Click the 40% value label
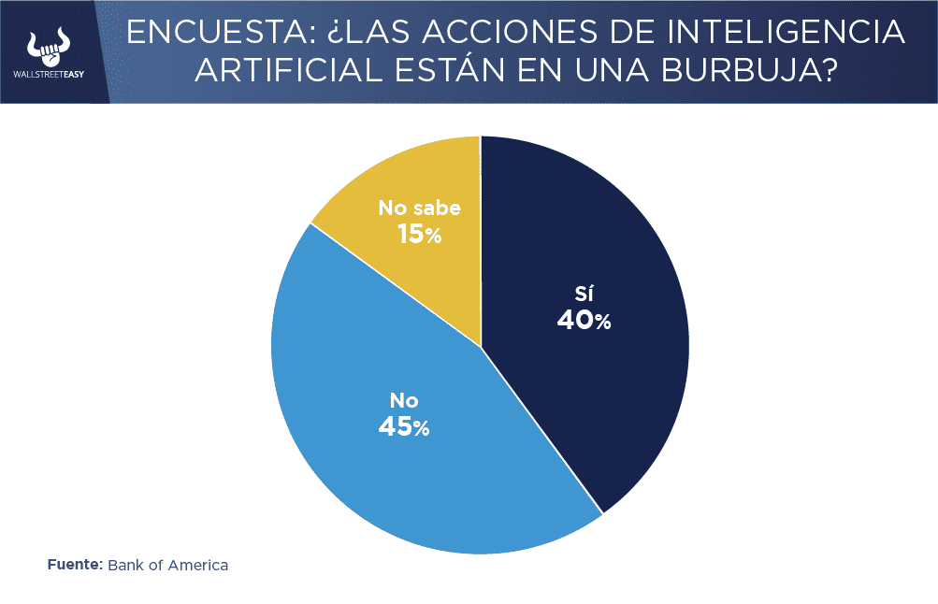(584, 321)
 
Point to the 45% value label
(404, 426)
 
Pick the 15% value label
(418, 234)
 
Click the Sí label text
(584, 290)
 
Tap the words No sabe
(419, 208)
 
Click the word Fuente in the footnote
(74, 565)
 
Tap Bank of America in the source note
(168, 565)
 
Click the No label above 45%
(404, 400)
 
